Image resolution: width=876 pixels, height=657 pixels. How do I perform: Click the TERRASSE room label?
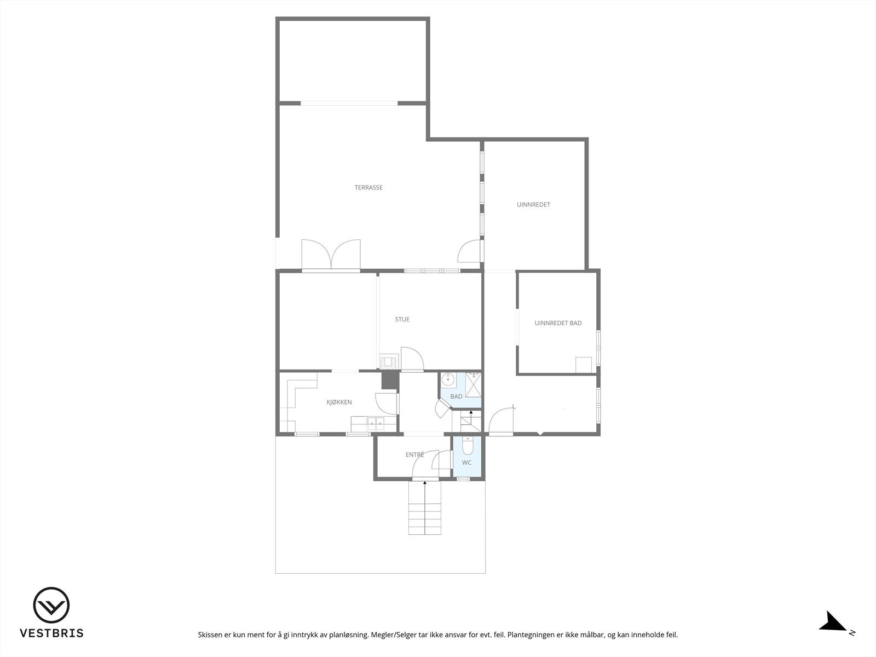pyautogui.click(x=368, y=188)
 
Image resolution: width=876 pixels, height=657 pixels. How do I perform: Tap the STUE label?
pyautogui.click(x=402, y=320)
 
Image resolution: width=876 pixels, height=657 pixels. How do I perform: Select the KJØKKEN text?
pyautogui.click(x=339, y=402)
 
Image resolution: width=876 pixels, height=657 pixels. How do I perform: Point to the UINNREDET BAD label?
pyautogui.click(x=558, y=324)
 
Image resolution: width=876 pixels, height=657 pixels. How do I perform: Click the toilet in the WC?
pyautogui.click(x=467, y=447)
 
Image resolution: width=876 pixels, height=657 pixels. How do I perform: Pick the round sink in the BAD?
pyautogui.click(x=449, y=378)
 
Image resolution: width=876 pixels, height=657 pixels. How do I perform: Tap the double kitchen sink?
pyautogui.click(x=375, y=423)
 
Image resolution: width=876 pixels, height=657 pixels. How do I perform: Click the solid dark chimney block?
pyautogui.click(x=389, y=381)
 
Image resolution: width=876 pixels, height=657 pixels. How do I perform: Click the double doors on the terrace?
pyautogui.click(x=331, y=255)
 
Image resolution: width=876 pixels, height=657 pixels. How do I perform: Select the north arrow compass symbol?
pyautogui.click(x=834, y=621)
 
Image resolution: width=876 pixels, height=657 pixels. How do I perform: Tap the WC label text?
pyautogui.click(x=466, y=463)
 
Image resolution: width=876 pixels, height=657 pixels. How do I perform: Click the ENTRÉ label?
pyautogui.click(x=414, y=455)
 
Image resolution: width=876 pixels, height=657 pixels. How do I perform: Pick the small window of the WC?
pyautogui.click(x=463, y=479)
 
